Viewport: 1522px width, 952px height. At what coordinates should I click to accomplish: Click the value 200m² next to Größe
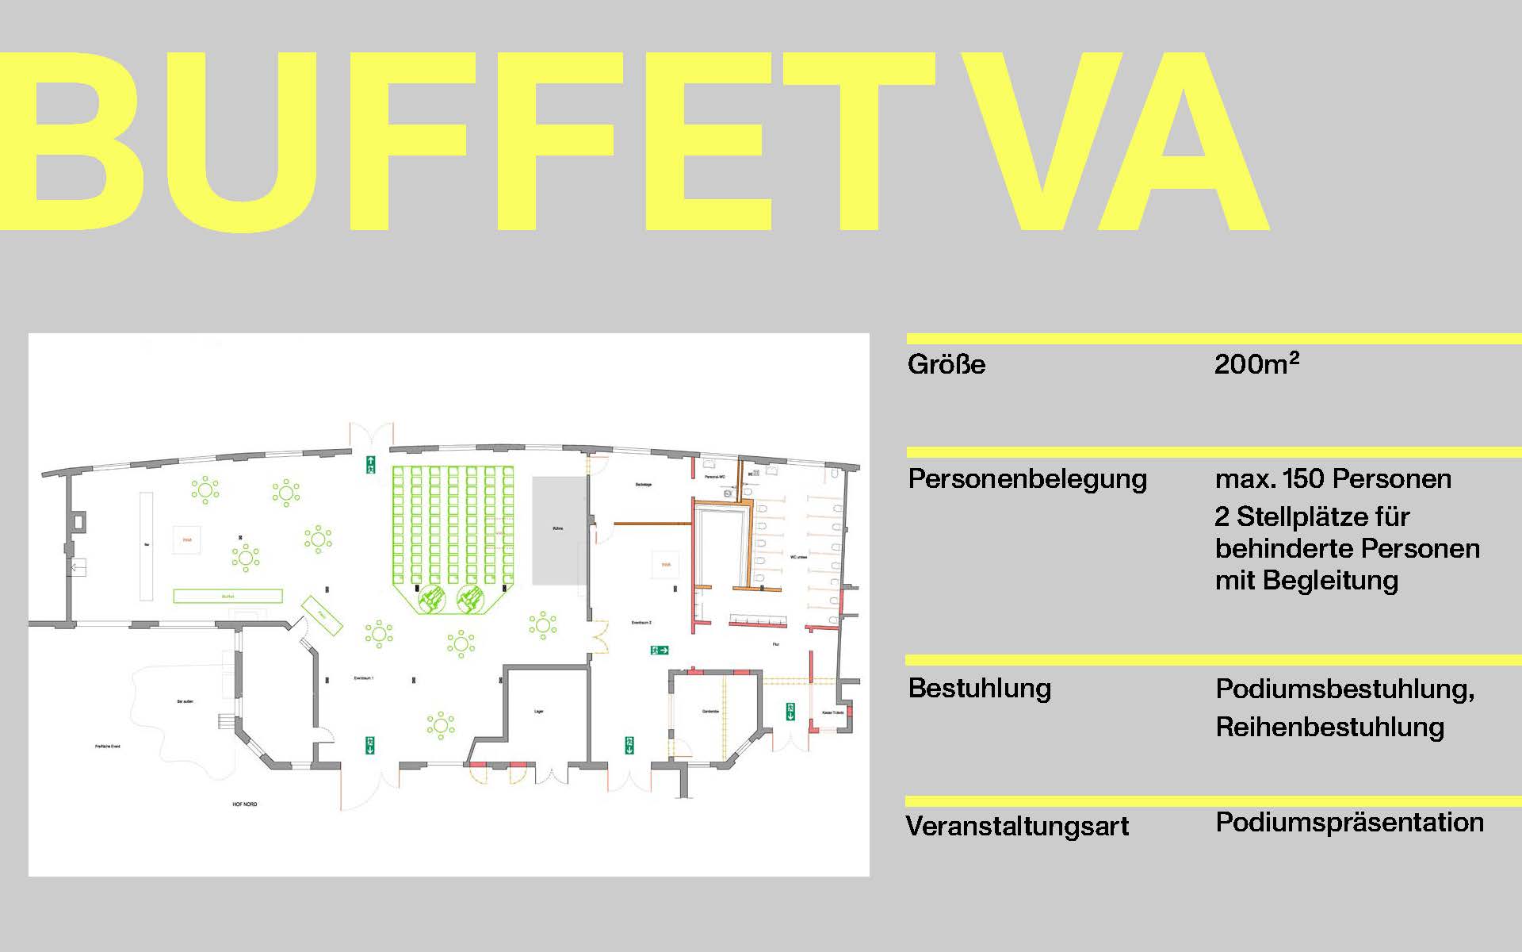point(1256,363)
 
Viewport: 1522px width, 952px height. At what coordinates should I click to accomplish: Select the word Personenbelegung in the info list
point(1027,479)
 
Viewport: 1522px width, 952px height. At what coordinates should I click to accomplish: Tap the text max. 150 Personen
point(1333,479)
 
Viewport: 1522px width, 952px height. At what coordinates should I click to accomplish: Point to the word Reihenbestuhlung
point(1329,727)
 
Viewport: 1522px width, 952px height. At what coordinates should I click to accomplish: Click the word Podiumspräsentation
point(1349,822)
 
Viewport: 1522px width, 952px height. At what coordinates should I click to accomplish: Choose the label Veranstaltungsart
point(1017,826)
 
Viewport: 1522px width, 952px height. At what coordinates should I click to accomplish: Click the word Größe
point(946,364)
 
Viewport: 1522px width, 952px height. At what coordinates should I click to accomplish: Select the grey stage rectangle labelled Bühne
point(558,530)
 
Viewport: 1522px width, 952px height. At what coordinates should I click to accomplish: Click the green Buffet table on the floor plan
point(228,596)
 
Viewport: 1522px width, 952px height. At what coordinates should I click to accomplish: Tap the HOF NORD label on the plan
point(245,804)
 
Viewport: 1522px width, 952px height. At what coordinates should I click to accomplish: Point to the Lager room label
point(539,712)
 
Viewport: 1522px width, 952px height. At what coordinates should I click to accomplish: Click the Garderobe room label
point(710,711)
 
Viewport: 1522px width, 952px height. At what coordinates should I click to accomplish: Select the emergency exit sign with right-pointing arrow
point(660,651)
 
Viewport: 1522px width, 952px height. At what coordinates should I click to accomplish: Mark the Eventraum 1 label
point(363,678)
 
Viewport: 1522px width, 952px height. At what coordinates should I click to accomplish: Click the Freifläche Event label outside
point(108,747)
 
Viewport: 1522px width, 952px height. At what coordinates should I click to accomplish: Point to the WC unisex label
point(798,557)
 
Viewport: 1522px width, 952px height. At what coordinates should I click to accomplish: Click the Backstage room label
point(644,484)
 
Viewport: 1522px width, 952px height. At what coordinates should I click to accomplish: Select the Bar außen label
point(185,702)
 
